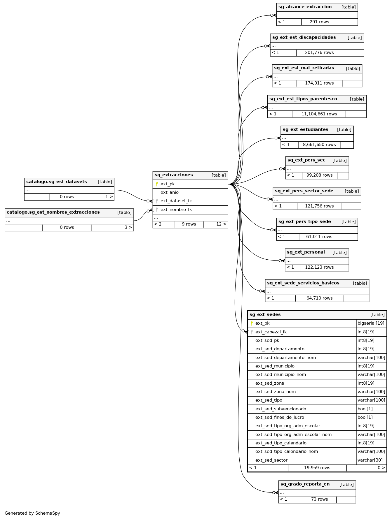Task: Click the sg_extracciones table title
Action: pyautogui.click(x=174, y=175)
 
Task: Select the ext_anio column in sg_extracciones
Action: pyautogui.click(x=170, y=193)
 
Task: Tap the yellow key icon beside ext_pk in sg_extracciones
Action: pyautogui.click(x=157, y=184)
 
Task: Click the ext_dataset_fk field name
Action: pyautogui.click(x=176, y=201)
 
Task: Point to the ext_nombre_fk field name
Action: pyautogui.click(x=176, y=210)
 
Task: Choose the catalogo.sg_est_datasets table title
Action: pyautogui.click(x=57, y=182)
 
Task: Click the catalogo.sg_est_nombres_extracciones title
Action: pyautogui.click(x=53, y=212)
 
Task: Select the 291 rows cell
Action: pyautogui.click(x=319, y=22)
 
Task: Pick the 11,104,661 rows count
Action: pyautogui.click(x=319, y=114)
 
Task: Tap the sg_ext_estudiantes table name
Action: pyautogui.click(x=305, y=130)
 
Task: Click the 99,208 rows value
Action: pyautogui.click(x=319, y=175)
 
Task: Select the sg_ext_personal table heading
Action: pyautogui.click(x=306, y=252)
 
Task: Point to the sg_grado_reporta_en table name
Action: pyautogui.click(x=305, y=484)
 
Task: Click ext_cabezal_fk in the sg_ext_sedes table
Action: pyautogui.click(x=271, y=332)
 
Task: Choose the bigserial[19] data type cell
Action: pyautogui.click(x=371, y=323)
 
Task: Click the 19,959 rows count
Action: pyautogui.click(x=317, y=468)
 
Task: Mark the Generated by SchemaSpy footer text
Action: pyautogui.click(x=32, y=513)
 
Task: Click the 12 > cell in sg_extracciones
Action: pyautogui.click(x=221, y=224)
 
